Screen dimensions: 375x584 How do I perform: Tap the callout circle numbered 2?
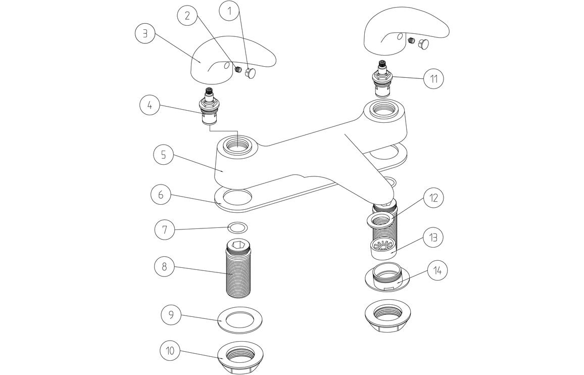click(x=187, y=16)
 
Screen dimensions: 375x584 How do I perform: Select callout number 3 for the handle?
click(x=145, y=33)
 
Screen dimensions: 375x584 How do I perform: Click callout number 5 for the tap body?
click(x=163, y=155)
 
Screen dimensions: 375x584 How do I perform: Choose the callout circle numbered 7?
click(x=165, y=229)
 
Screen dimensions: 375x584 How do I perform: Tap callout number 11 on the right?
click(x=433, y=79)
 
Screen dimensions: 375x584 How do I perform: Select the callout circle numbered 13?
click(x=432, y=237)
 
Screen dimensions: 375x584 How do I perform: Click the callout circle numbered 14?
click(x=437, y=270)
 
